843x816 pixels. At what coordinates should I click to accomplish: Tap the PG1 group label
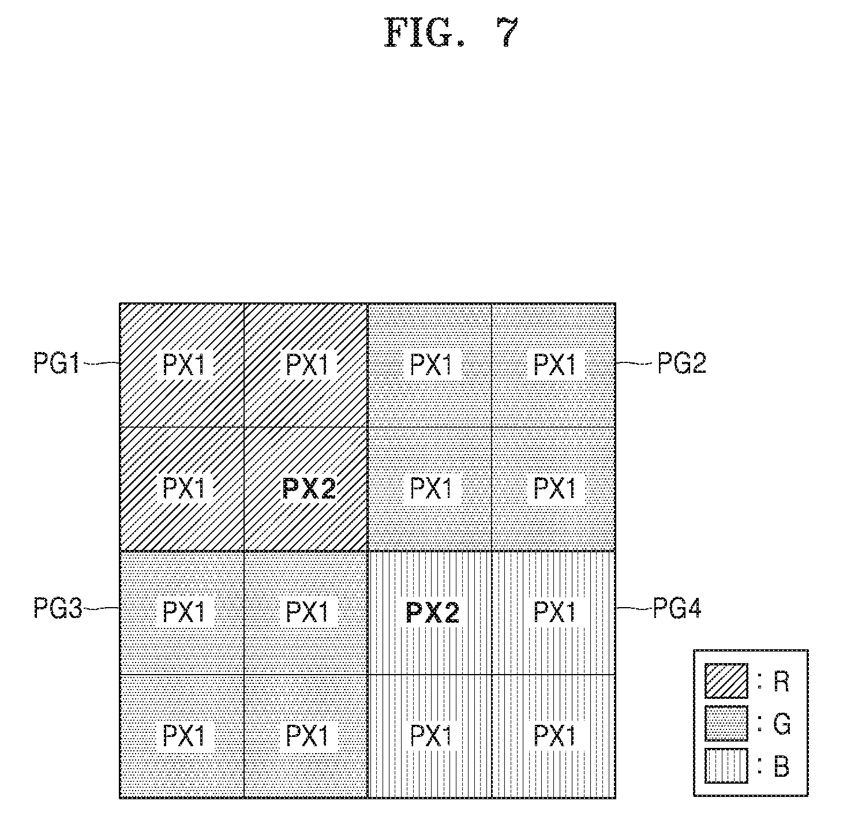(57, 363)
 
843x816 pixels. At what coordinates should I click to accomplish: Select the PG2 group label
(682, 363)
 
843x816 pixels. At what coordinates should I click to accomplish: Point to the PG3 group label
(58, 608)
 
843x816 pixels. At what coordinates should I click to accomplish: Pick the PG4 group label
(677, 608)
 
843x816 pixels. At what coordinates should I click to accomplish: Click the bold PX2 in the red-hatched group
(309, 488)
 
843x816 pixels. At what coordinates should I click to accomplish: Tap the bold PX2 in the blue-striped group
(432, 613)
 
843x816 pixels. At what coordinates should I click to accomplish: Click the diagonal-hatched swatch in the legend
(726, 681)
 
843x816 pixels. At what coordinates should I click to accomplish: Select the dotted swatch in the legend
(726, 723)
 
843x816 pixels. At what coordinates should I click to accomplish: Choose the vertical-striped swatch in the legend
(726, 766)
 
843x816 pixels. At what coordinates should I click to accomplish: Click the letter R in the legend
(781, 681)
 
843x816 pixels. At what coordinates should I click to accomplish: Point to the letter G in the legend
(782, 724)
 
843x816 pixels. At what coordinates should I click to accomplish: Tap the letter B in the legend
(781, 766)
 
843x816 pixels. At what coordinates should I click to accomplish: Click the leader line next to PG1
(101, 363)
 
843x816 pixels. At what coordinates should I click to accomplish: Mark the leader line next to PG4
(634, 608)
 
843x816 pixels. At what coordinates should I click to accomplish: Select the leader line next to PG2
(634, 363)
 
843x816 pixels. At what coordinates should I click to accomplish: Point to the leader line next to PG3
(101, 608)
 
